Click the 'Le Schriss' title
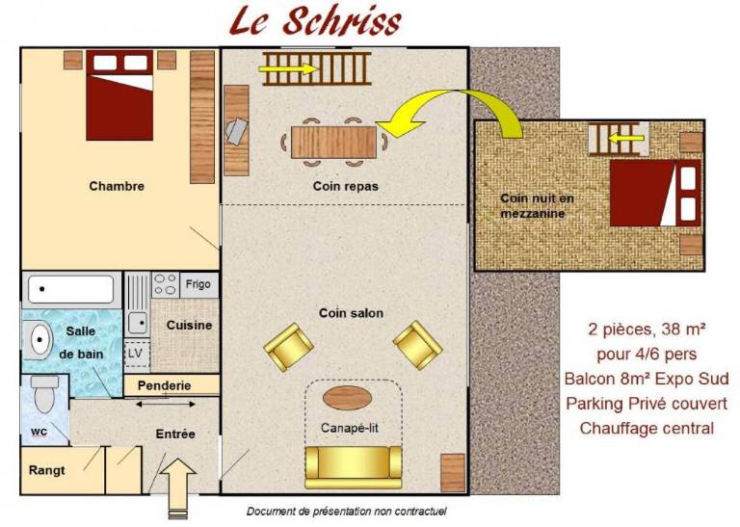[315, 22]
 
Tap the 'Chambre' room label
[117, 186]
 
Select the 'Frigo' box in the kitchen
[198, 284]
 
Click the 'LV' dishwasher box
[136, 354]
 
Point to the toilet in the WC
[45, 393]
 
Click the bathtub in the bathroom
[70, 288]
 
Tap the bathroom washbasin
[39, 340]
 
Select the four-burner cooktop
[165, 284]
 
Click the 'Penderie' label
[164, 385]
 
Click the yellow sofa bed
[354, 467]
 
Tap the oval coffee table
[347, 398]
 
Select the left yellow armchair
[288, 347]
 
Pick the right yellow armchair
[417, 345]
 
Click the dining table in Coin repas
[334, 142]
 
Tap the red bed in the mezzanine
[655, 193]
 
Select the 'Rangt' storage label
[46, 470]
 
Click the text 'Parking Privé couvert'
[647, 404]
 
